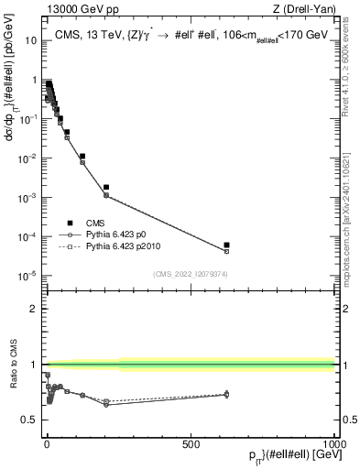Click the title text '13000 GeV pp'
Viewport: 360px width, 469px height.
pyautogui.click(x=74, y=9)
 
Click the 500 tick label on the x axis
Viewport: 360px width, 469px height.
pyautogui.click(x=191, y=443)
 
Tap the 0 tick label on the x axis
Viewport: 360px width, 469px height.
pyautogui.click(x=47, y=443)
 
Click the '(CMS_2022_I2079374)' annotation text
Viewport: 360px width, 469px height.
pyautogui.click(x=191, y=273)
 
